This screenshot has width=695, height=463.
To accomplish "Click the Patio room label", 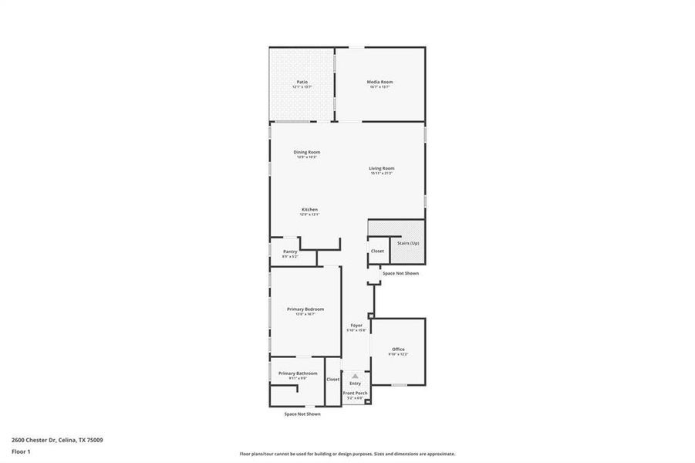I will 302,82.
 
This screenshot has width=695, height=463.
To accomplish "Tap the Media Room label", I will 380,82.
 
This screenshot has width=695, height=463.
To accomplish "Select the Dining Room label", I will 306,152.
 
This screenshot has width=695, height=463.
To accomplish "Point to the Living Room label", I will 381,168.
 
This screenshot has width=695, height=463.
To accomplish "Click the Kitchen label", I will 309,210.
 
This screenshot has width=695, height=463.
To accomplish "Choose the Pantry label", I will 290,252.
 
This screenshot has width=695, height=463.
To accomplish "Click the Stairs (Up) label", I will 408,242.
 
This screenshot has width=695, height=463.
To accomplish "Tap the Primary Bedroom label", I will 305,309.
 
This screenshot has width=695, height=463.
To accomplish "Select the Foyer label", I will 356,325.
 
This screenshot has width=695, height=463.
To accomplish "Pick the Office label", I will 398,350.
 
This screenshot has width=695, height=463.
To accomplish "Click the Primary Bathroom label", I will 298,373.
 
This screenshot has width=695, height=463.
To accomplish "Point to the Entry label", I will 355,384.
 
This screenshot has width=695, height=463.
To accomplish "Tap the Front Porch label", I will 356,394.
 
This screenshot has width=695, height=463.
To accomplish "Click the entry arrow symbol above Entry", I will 355,376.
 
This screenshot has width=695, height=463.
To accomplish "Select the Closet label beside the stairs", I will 377,252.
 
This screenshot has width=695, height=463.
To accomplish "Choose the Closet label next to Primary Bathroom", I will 333,380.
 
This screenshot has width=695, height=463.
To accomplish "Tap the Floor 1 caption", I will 21,451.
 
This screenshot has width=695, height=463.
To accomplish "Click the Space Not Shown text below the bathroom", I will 302,414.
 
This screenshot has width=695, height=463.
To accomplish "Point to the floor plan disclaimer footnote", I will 347,454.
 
